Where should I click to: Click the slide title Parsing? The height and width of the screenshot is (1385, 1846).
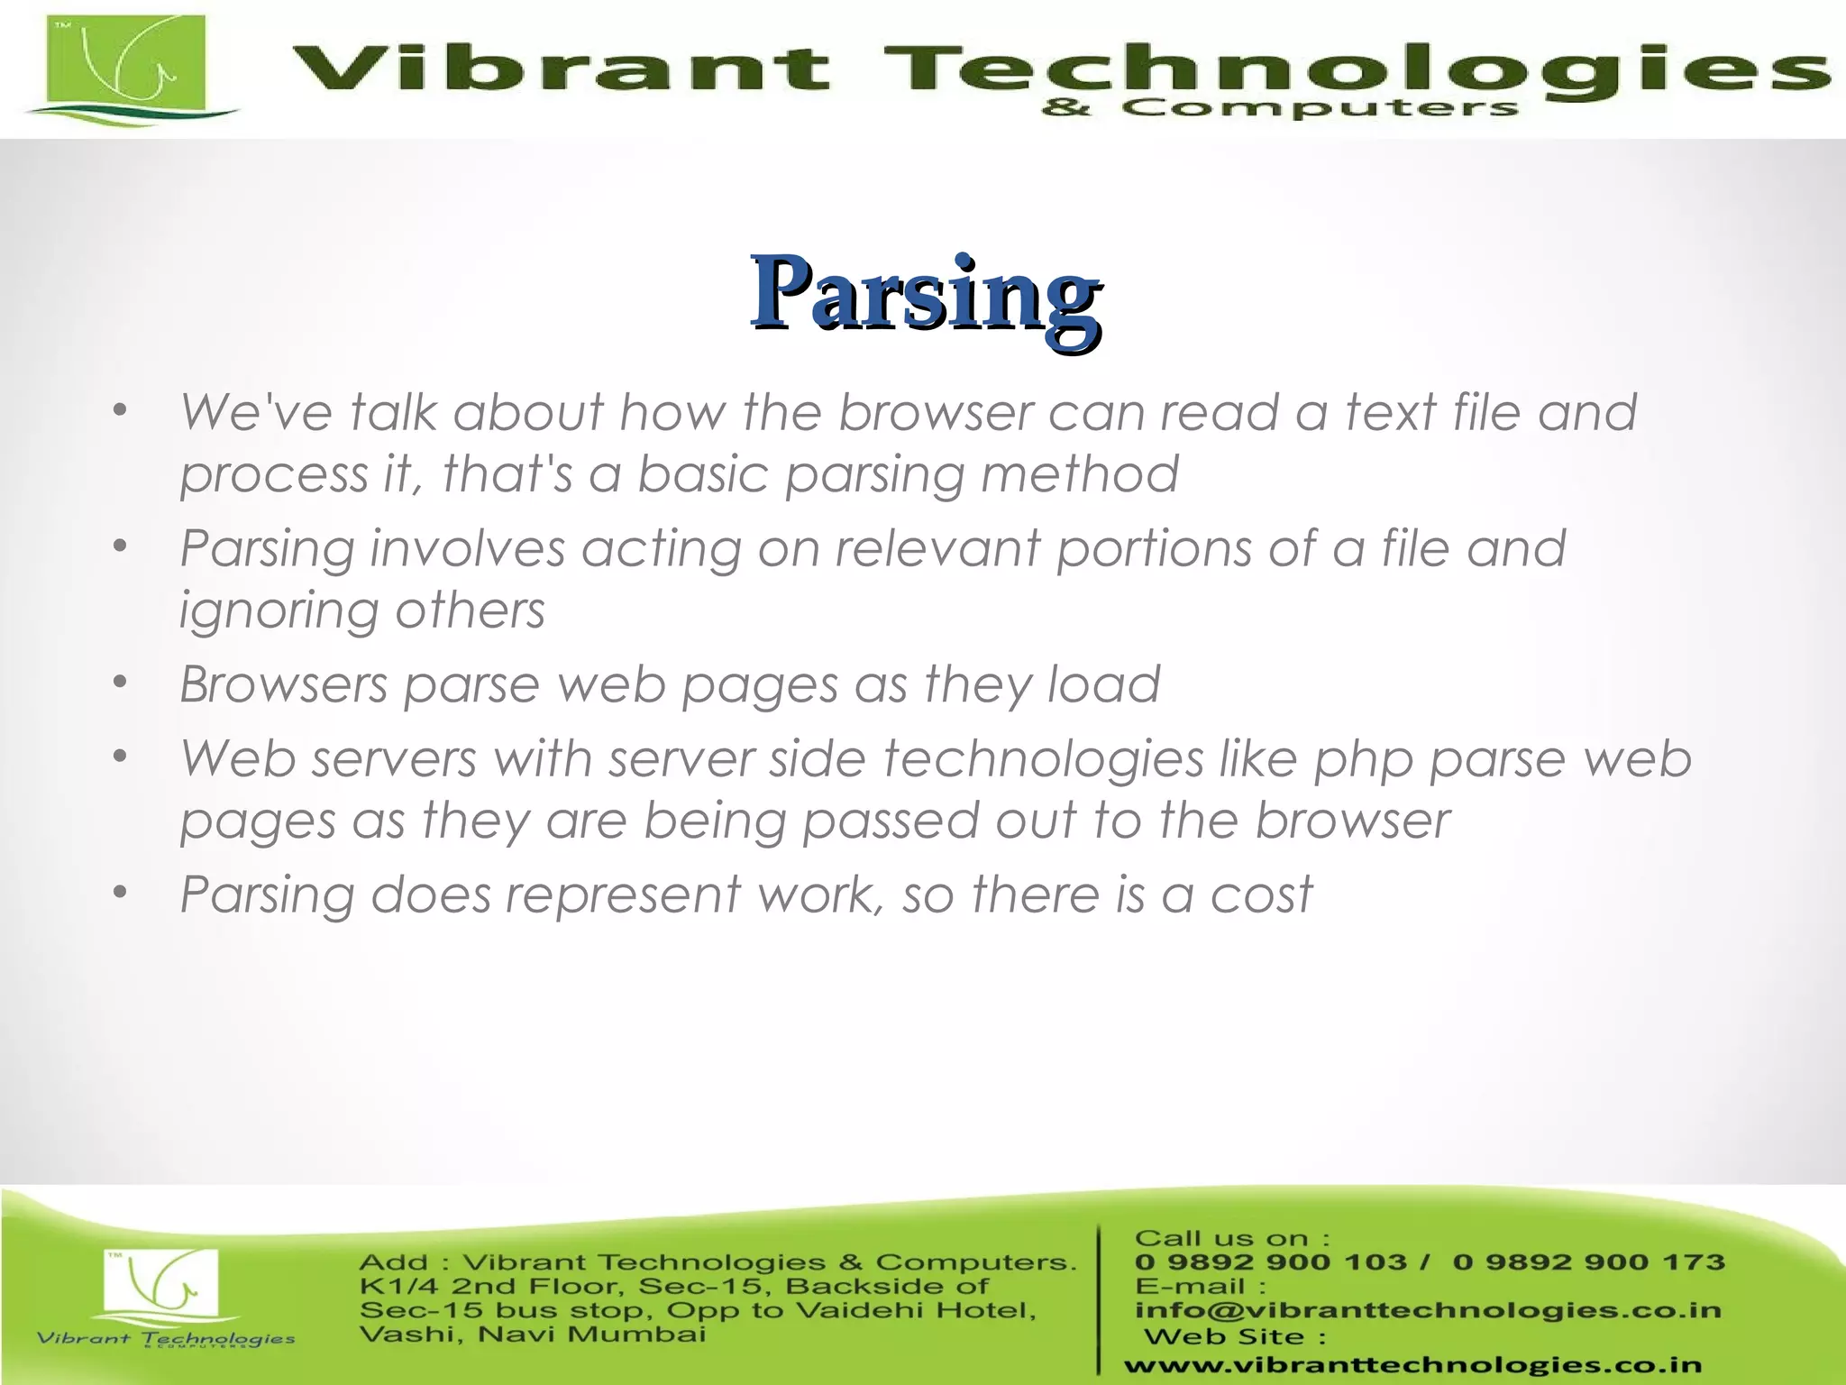coord(926,293)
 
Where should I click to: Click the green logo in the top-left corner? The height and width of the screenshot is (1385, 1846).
coord(126,70)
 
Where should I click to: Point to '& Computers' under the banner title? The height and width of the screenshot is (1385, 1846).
coord(1279,109)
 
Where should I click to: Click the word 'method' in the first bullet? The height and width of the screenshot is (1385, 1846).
coord(1079,474)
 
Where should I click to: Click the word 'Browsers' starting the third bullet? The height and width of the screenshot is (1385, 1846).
coord(284,684)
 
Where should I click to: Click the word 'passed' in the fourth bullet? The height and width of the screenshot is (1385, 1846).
coord(890,821)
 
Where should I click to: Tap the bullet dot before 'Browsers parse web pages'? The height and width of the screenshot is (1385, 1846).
coord(121,683)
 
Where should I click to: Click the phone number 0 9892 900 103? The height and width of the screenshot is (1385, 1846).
coord(1270,1262)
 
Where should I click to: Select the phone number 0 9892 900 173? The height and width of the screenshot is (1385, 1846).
coord(1588,1262)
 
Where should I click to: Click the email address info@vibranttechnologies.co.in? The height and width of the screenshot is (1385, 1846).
coord(1428,1310)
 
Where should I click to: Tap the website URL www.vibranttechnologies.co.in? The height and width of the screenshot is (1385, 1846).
coord(1412,1365)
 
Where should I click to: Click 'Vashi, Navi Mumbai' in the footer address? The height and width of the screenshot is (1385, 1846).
coord(532,1335)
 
